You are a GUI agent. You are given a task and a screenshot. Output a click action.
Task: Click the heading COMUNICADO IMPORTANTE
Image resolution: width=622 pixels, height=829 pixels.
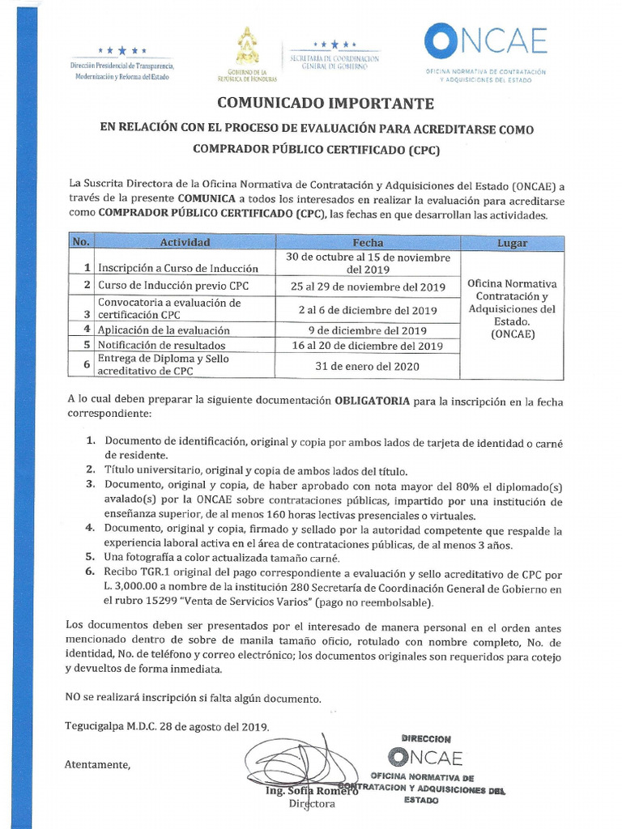pyautogui.click(x=324, y=104)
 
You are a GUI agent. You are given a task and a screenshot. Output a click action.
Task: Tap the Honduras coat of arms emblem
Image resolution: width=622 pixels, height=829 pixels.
pyautogui.click(x=247, y=46)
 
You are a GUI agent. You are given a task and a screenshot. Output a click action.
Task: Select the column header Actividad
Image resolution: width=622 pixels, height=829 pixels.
pyautogui.click(x=185, y=243)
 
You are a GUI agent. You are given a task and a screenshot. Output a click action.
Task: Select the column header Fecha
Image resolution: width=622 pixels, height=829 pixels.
pyautogui.click(x=368, y=243)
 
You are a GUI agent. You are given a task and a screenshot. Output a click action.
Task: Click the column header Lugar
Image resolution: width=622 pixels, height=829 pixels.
pyautogui.click(x=512, y=243)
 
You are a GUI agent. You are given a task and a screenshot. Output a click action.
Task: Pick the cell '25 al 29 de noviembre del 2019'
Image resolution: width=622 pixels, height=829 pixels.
pyautogui.click(x=368, y=287)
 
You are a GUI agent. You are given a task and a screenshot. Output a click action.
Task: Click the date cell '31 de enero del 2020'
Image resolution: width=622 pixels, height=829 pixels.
pyautogui.click(x=368, y=366)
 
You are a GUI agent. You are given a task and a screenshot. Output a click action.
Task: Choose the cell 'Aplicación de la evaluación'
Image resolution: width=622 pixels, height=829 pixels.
pyautogui.click(x=164, y=330)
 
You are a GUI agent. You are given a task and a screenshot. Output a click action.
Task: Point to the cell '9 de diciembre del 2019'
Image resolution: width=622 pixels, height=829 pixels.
pyautogui.click(x=368, y=330)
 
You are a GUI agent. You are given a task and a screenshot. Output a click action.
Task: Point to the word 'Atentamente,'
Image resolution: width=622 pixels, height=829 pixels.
pyautogui.click(x=97, y=763)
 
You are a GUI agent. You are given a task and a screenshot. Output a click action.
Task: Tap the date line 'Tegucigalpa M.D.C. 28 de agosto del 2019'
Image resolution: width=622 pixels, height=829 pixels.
pyautogui.click(x=167, y=726)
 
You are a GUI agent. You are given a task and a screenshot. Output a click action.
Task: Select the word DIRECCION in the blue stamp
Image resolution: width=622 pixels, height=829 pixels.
pyautogui.click(x=426, y=738)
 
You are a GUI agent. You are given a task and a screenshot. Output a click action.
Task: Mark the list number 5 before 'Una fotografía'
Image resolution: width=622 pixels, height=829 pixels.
pyautogui.click(x=90, y=558)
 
